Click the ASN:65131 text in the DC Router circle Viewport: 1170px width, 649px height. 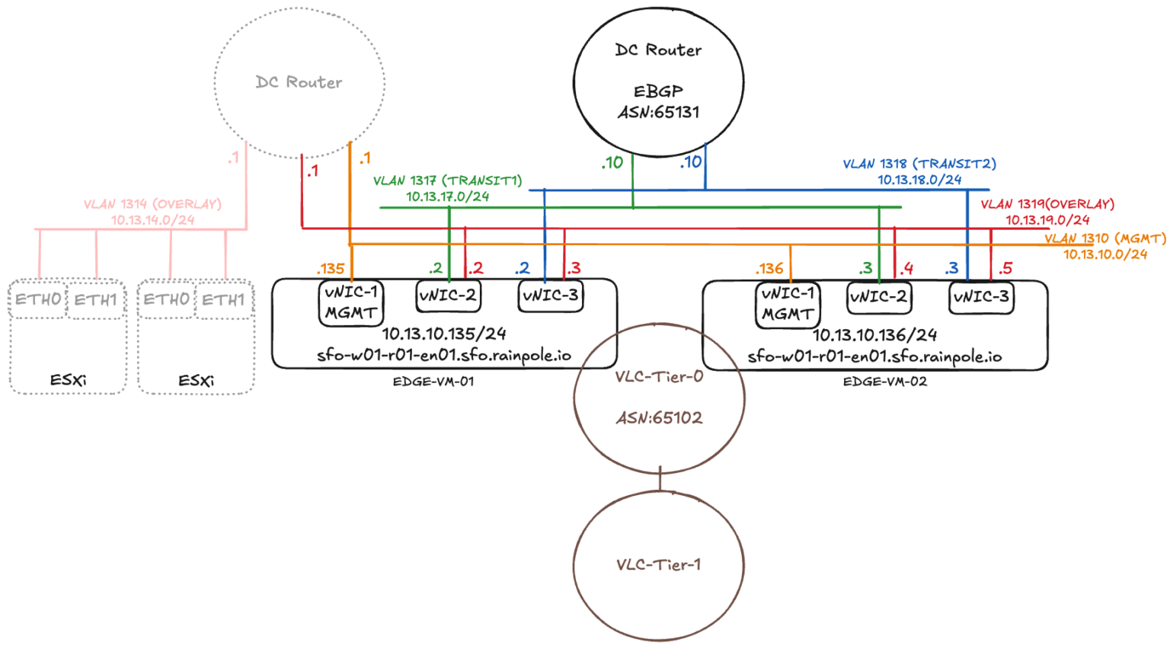point(658,112)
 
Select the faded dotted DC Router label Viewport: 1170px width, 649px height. point(299,82)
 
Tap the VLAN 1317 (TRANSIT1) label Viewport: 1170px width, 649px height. point(447,181)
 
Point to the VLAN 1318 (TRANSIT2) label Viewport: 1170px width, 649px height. point(919,164)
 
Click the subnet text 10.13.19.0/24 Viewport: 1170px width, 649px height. point(1047,220)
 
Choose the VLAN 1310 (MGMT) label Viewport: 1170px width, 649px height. point(1104,238)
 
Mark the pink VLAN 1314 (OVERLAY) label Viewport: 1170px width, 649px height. point(152,204)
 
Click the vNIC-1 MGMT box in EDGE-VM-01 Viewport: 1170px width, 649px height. point(350,302)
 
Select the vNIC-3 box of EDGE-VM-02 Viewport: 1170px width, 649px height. point(981,297)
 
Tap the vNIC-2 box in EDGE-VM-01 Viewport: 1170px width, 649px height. point(448,296)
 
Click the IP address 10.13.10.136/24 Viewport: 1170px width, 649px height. point(874,335)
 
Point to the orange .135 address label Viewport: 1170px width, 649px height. point(331,268)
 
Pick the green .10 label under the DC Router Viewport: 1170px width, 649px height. point(612,162)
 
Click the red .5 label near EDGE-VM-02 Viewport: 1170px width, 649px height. point(1005,268)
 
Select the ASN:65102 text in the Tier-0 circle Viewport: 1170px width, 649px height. point(659,417)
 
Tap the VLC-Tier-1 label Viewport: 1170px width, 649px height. point(658,564)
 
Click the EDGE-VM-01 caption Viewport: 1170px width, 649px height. point(433,382)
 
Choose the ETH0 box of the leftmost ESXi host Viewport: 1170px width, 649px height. point(38,299)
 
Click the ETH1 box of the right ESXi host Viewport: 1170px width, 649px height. point(223,299)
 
